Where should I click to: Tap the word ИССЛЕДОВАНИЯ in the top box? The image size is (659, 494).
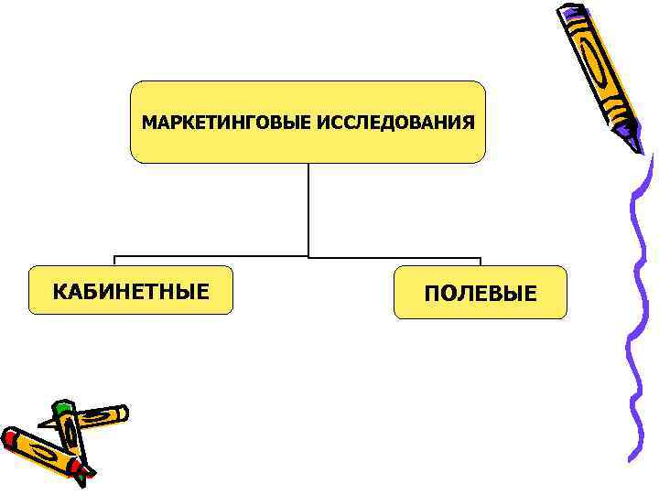pos(396,123)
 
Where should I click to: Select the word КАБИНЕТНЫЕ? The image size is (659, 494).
pos(131,292)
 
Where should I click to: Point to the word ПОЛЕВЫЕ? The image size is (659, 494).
pos(481,294)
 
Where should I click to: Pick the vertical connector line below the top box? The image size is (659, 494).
pos(308,209)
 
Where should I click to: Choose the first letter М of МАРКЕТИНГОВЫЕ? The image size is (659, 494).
pos(147,123)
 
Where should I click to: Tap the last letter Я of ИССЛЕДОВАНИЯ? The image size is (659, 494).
pos(470,123)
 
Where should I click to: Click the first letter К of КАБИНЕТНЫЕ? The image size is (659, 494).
pos(59,292)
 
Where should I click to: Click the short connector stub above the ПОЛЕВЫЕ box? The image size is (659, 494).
pos(481,261)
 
